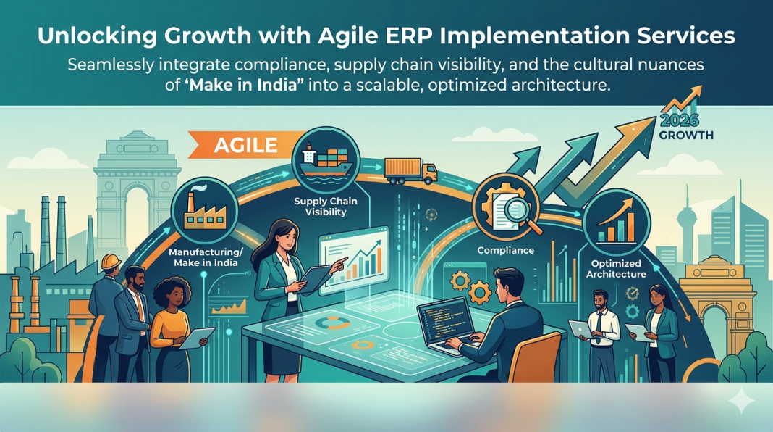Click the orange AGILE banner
tap(246, 144)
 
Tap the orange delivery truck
tap(410, 170)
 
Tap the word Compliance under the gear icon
tap(505, 250)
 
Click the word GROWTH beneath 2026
tap(687, 135)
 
